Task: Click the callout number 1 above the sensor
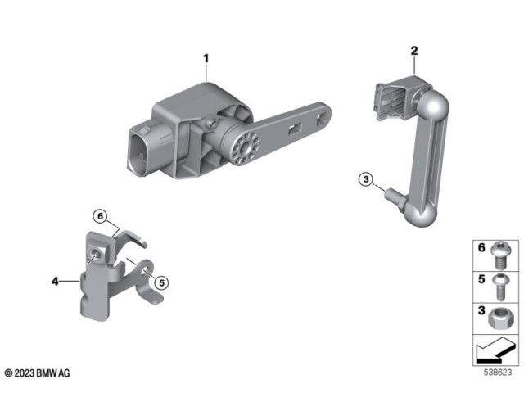tap(206, 58)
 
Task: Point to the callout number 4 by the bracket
tap(55, 282)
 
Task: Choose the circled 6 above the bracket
tap(100, 216)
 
